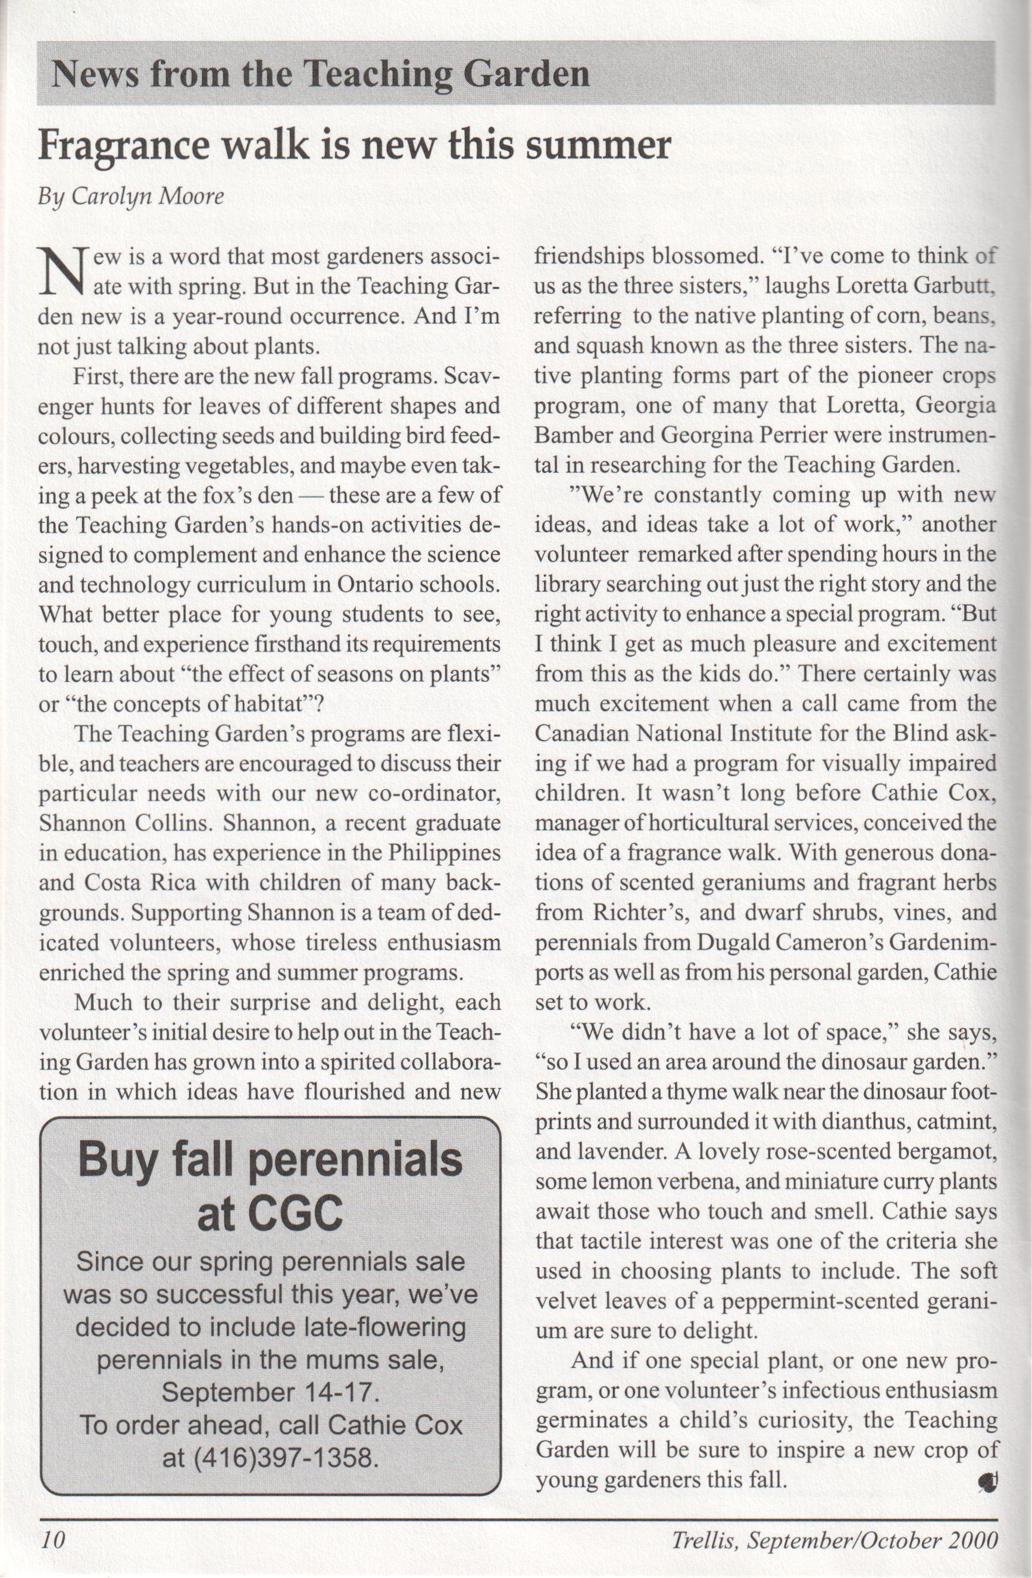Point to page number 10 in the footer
pos(52,1538)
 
